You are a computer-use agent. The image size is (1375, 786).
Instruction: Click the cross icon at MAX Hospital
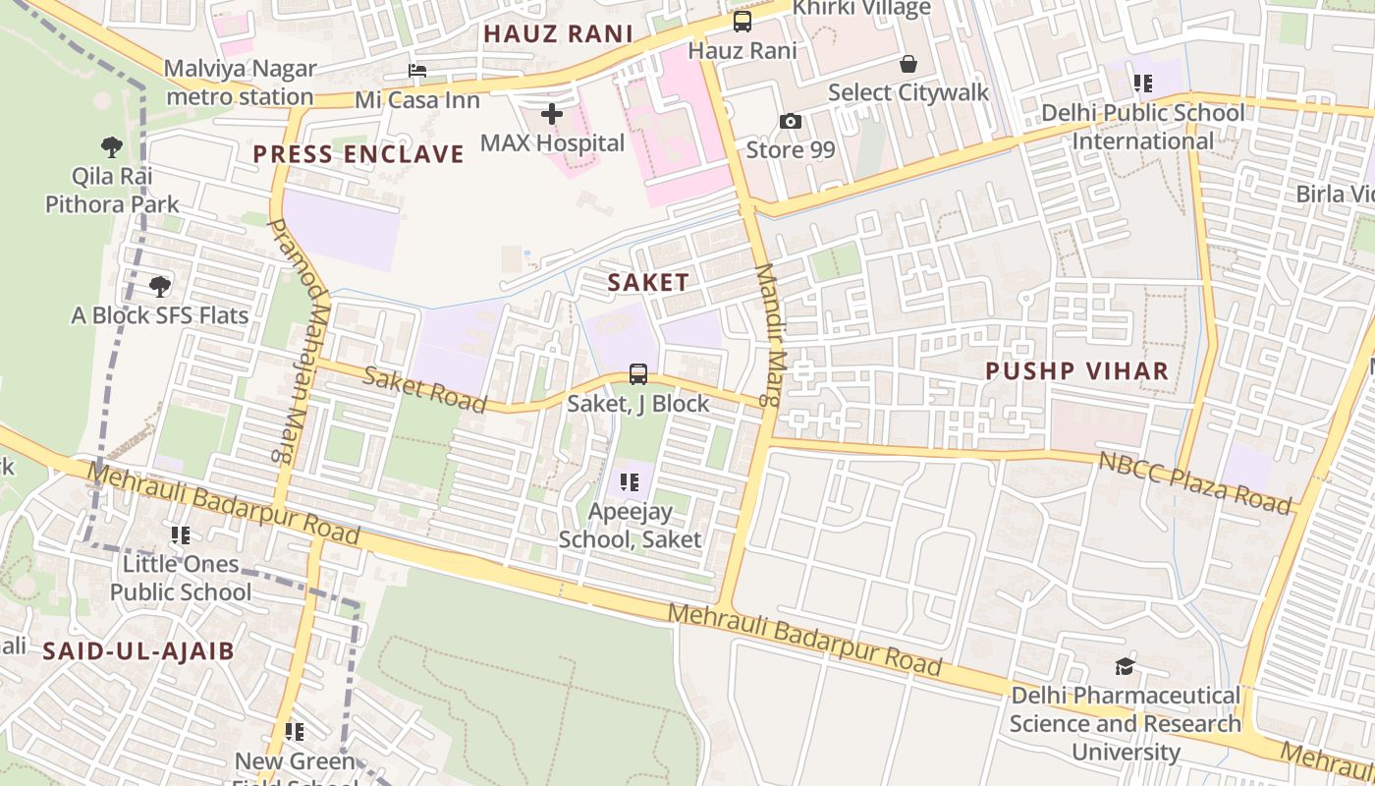(x=552, y=114)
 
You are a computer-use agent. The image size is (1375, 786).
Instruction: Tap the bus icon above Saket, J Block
(x=638, y=374)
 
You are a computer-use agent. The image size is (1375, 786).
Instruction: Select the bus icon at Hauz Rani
(x=742, y=22)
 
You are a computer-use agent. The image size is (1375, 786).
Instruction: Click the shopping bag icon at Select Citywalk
(x=908, y=64)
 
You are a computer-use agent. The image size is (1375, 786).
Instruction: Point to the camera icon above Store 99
(x=791, y=121)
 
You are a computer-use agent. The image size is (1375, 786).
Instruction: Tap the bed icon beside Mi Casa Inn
(x=417, y=71)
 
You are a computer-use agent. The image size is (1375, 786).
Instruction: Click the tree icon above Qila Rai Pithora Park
(x=112, y=147)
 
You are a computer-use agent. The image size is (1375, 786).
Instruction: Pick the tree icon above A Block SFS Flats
(x=160, y=287)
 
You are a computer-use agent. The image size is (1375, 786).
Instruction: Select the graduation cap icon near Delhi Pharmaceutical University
(x=1125, y=667)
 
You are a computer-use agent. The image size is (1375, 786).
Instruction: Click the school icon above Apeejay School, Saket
(x=630, y=482)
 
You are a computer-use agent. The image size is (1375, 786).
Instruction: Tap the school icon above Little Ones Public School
(x=181, y=535)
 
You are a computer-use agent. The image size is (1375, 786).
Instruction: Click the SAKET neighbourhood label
(x=648, y=283)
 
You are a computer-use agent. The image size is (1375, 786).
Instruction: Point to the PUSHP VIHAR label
(x=1077, y=371)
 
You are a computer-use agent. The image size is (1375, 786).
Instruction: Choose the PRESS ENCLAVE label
(x=358, y=154)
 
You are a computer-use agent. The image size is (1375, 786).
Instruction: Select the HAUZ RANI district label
(x=558, y=34)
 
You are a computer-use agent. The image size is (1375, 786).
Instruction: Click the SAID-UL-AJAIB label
(x=138, y=651)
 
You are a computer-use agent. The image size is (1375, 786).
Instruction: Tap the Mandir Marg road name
(x=767, y=334)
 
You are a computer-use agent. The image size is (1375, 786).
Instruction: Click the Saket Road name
(x=424, y=389)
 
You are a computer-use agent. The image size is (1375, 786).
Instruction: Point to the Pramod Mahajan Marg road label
(x=291, y=339)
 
